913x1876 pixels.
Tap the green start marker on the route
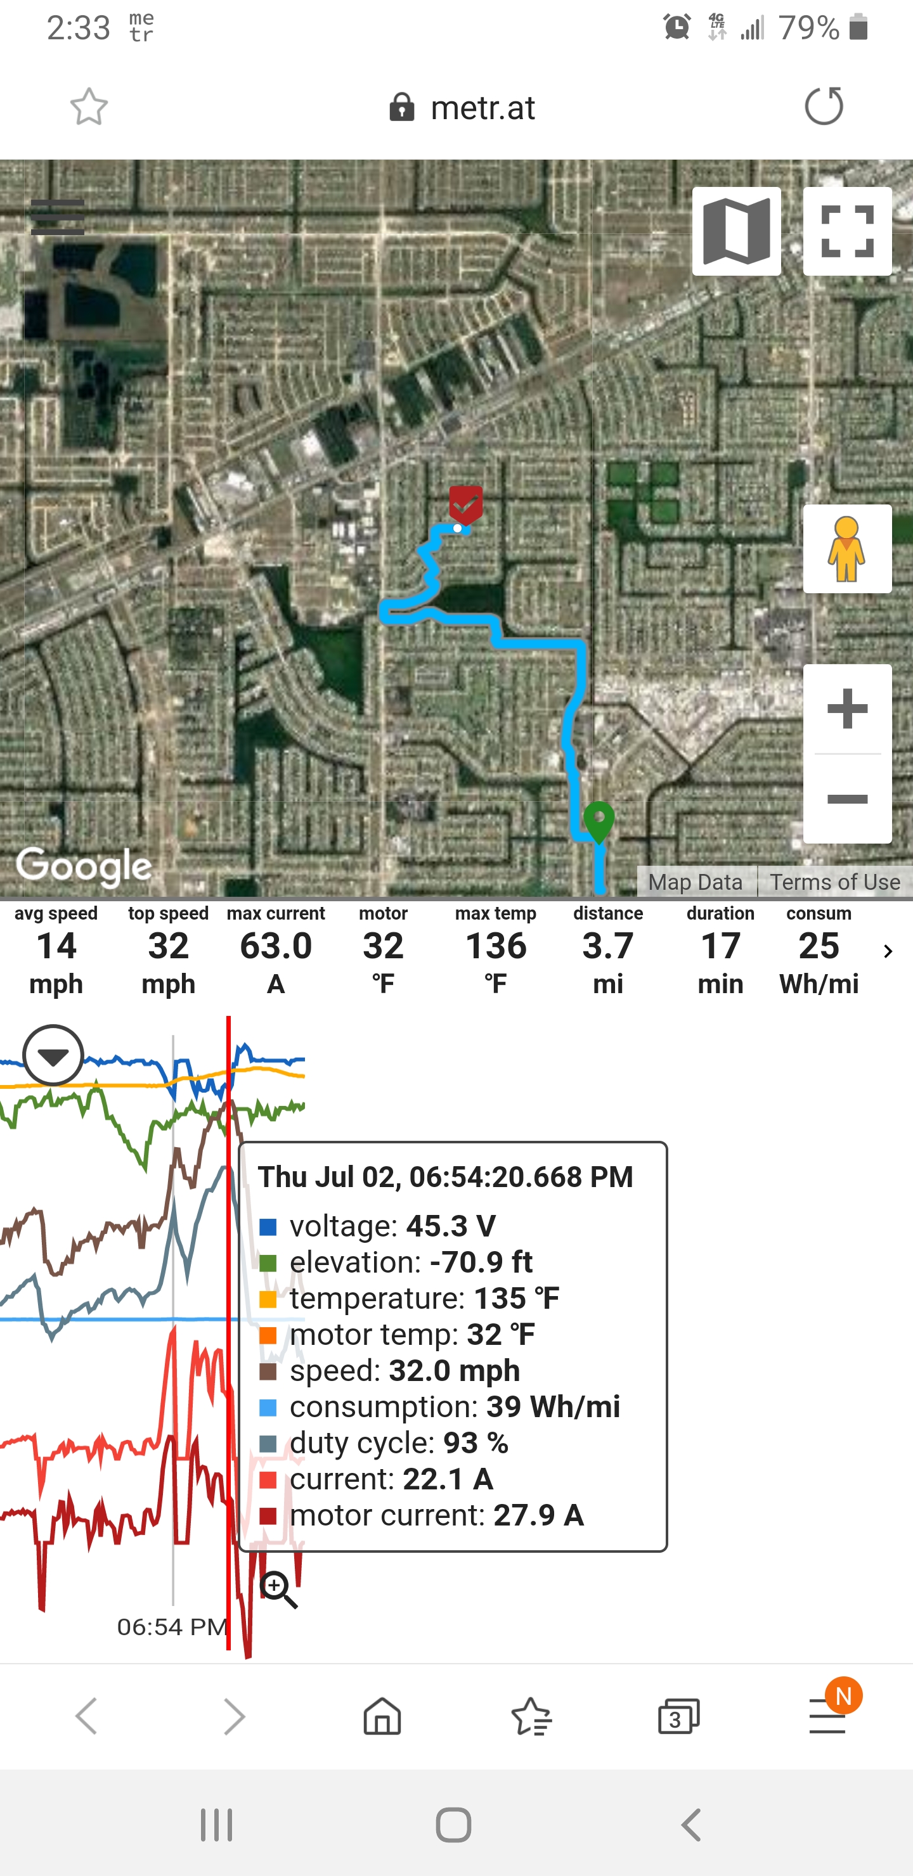pyautogui.click(x=599, y=821)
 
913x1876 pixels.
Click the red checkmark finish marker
pyautogui.click(x=465, y=504)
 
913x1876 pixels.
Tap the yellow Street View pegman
pyautogui.click(x=846, y=548)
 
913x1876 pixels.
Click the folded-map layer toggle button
pyautogui.click(x=736, y=231)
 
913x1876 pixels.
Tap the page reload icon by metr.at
pyautogui.click(x=824, y=106)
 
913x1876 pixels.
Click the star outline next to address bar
pyautogui.click(x=89, y=107)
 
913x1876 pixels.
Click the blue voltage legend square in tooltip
pyautogui.click(x=268, y=1227)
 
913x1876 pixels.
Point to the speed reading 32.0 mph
pyautogui.click(x=454, y=1371)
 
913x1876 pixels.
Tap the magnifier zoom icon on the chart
pyautogui.click(x=279, y=1590)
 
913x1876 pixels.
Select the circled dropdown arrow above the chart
pyautogui.click(x=53, y=1055)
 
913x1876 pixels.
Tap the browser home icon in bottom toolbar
pyautogui.click(x=382, y=1716)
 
